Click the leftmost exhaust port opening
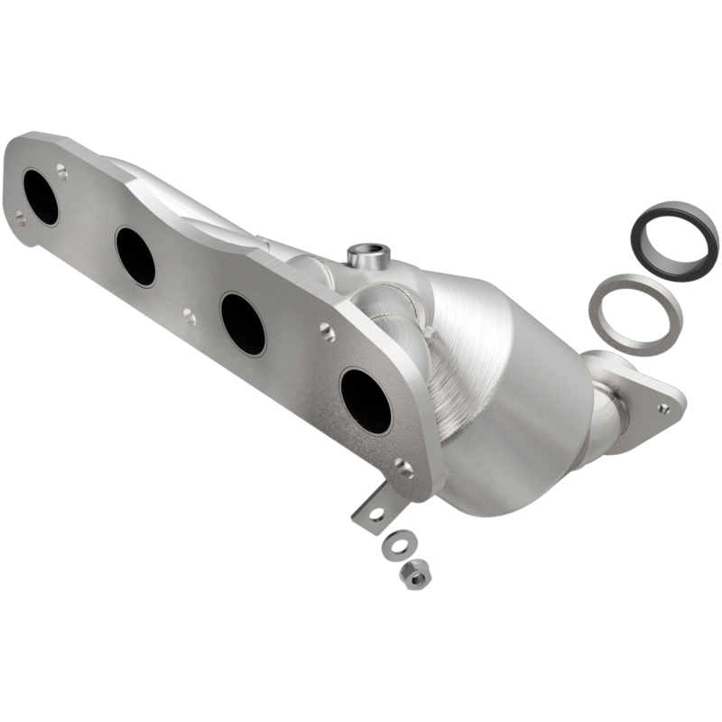41,197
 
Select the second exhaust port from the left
135,256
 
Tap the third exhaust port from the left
243,323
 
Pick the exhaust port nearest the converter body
366,401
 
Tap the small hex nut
415,575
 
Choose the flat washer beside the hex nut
394,544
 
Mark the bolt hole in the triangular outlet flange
663,408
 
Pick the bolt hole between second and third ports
188,316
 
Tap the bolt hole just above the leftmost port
61,169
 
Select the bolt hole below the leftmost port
20,217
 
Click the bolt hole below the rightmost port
403,468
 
